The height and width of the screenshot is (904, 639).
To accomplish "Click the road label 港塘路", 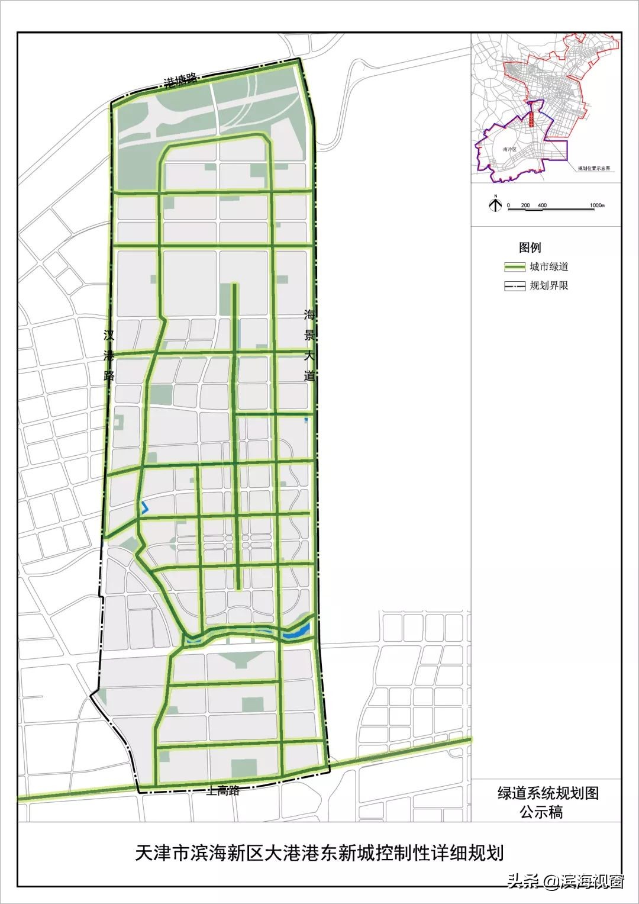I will tap(180, 81).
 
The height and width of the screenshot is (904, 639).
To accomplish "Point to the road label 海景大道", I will tap(308, 345).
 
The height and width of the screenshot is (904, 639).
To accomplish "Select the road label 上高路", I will tap(223, 790).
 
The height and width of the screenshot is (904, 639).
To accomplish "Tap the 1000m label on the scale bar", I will tap(598, 205).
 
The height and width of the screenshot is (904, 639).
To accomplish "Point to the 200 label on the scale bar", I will tap(525, 205).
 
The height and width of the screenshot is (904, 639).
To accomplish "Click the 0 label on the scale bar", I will tap(508, 205).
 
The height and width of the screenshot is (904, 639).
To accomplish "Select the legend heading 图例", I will tap(530, 247).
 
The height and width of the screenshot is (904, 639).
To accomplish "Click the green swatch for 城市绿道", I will tap(514, 267).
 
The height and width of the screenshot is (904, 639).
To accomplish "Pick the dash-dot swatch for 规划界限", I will tap(514, 286).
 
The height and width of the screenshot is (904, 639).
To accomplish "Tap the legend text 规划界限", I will tap(549, 286).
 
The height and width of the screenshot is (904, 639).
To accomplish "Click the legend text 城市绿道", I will tap(549, 267).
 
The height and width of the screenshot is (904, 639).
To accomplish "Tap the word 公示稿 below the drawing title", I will tap(541, 812).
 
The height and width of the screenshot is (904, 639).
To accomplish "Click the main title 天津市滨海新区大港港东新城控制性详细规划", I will tap(319, 853).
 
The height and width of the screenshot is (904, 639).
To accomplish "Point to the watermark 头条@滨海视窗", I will tap(565, 882).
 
